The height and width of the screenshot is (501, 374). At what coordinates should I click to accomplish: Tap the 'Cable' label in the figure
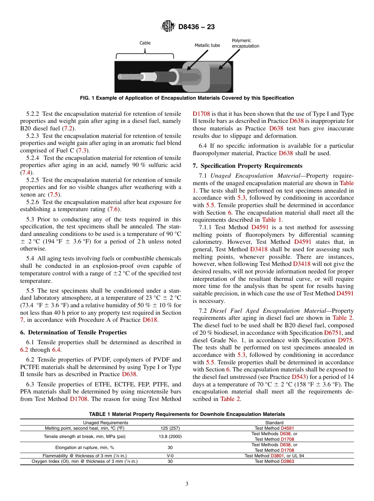pyautogui.click(x=145, y=43)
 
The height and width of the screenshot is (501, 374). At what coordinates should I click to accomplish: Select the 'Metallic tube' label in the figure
pyautogui.click(x=207, y=46)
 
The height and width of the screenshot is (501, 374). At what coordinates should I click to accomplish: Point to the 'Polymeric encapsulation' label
pyautogui.click(x=245, y=43)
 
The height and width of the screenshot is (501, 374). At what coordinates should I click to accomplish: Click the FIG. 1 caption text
pyautogui.click(x=187, y=98)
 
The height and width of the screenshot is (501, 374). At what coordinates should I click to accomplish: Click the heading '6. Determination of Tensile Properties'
pyautogui.click(x=74, y=332)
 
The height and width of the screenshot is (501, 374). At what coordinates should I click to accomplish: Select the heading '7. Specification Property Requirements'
pyautogui.click(x=248, y=165)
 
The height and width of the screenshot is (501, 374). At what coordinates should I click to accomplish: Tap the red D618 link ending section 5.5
pyautogui.click(x=150, y=320)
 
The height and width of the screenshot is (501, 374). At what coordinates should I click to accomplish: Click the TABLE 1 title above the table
pyautogui.click(x=187, y=414)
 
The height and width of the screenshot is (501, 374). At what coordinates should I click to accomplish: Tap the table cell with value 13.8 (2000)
pyautogui.click(x=170, y=436)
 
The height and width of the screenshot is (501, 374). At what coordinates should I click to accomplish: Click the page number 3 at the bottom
pyautogui.click(x=187, y=484)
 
